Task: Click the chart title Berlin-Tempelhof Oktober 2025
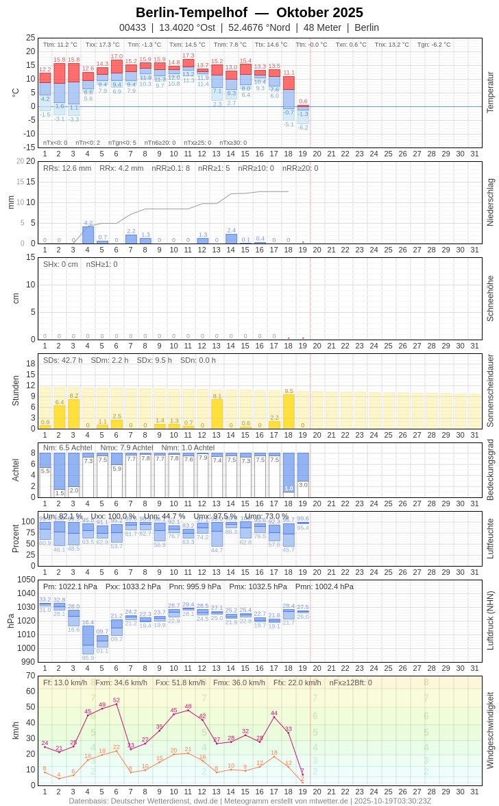pyautogui.click(x=249, y=12)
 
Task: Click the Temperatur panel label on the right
pyautogui.click(x=490, y=93)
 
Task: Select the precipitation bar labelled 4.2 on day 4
pyautogui.click(x=88, y=235)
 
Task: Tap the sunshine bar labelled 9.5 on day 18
pyautogui.click(x=289, y=412)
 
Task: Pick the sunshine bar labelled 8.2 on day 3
pyautogui.click(x=73, y=414)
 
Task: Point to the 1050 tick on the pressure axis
pyautogui.click(x=26, y=580)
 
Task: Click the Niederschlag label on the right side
pyautogui.click(x=490, y=202)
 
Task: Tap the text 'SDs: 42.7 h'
pyautogui.click(x=63, y=360)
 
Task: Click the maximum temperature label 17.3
pyautogui.click(x=188, y=56)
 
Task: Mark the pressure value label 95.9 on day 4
pyautogui.click(x=88, y=658)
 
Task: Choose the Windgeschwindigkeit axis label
pyautogui.click(x=490, y=730)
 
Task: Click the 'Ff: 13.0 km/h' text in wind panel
pyautogui.click(x=65, y=683)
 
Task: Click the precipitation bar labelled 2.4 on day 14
pyautogui.click(x=231, y=239)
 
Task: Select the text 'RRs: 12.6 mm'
pyautogui.click(x=67, y=168)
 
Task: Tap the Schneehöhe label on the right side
pyautogui.click(x=490, y=298)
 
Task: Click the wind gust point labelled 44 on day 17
pyautogui.click(x=274, y=717)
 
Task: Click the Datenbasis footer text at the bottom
pyautogui.click(x=249, y=801)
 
